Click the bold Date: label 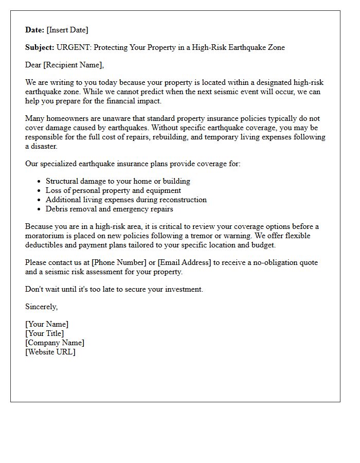35,30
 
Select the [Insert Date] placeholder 67,30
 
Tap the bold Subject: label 40,47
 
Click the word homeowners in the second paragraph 68,118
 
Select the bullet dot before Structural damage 40,182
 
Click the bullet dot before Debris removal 40,209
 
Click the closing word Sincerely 41,307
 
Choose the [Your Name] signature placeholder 47,324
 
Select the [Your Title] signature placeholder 45,333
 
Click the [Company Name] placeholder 55,343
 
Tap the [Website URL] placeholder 50,352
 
